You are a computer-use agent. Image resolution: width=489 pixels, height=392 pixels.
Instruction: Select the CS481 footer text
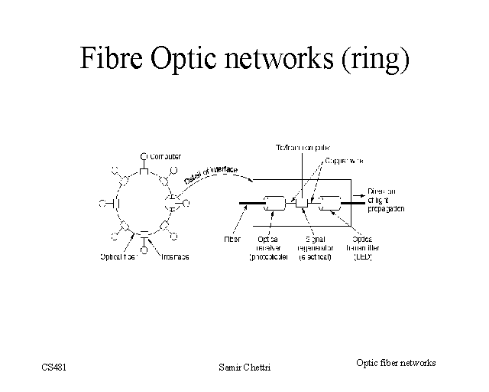click(x=55, y=368)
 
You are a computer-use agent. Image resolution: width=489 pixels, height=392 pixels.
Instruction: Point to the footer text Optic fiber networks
click(x=396, y=362)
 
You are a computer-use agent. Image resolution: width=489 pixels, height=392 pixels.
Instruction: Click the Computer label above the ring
click(x=165, y=156)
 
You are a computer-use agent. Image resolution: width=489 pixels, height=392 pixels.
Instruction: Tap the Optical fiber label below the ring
click(x=118, y=257)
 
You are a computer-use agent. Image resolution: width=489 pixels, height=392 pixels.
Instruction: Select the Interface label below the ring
click(x=175, y=257)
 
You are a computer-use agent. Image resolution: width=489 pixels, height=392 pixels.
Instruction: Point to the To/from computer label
click(x=303, y=148)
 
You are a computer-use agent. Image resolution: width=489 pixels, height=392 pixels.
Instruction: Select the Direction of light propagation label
click(x=386, y=200)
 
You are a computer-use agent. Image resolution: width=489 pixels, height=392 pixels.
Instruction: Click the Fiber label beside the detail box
click(x=232, y=239)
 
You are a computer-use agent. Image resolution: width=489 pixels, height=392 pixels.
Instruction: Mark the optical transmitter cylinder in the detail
click(x=330, y=204)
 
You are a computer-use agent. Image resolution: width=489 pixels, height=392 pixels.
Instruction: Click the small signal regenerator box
click(x=301, y=203)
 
